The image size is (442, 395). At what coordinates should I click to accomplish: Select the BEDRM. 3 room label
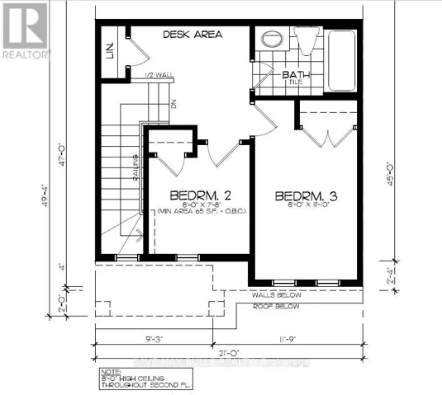coord(307,196)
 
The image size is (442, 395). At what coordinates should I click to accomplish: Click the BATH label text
coord(294,74)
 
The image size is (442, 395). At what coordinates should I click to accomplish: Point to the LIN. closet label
coord(109,52)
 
